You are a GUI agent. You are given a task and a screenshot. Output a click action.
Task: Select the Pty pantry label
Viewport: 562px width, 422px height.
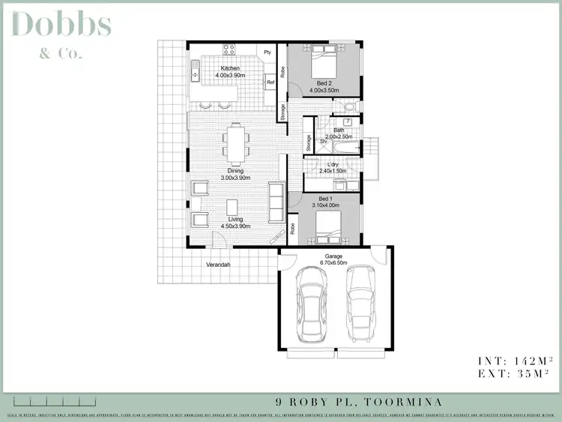point(267,52)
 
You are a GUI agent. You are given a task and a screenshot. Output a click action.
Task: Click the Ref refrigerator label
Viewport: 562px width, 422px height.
point(271,82)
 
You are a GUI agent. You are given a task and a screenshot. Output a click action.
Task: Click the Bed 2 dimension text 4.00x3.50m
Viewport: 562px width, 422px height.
point(324,90)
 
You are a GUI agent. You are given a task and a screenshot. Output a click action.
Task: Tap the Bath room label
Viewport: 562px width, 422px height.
point(339,130)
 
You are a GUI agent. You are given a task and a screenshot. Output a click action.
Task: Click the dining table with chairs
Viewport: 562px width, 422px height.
point(236,143)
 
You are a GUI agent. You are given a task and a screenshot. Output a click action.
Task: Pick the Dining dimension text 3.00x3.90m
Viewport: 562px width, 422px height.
point(236,178)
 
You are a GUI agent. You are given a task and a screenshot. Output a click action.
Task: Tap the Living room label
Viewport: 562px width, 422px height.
point(236,219)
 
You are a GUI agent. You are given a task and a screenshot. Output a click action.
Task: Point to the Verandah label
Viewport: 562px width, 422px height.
point(219,265)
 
